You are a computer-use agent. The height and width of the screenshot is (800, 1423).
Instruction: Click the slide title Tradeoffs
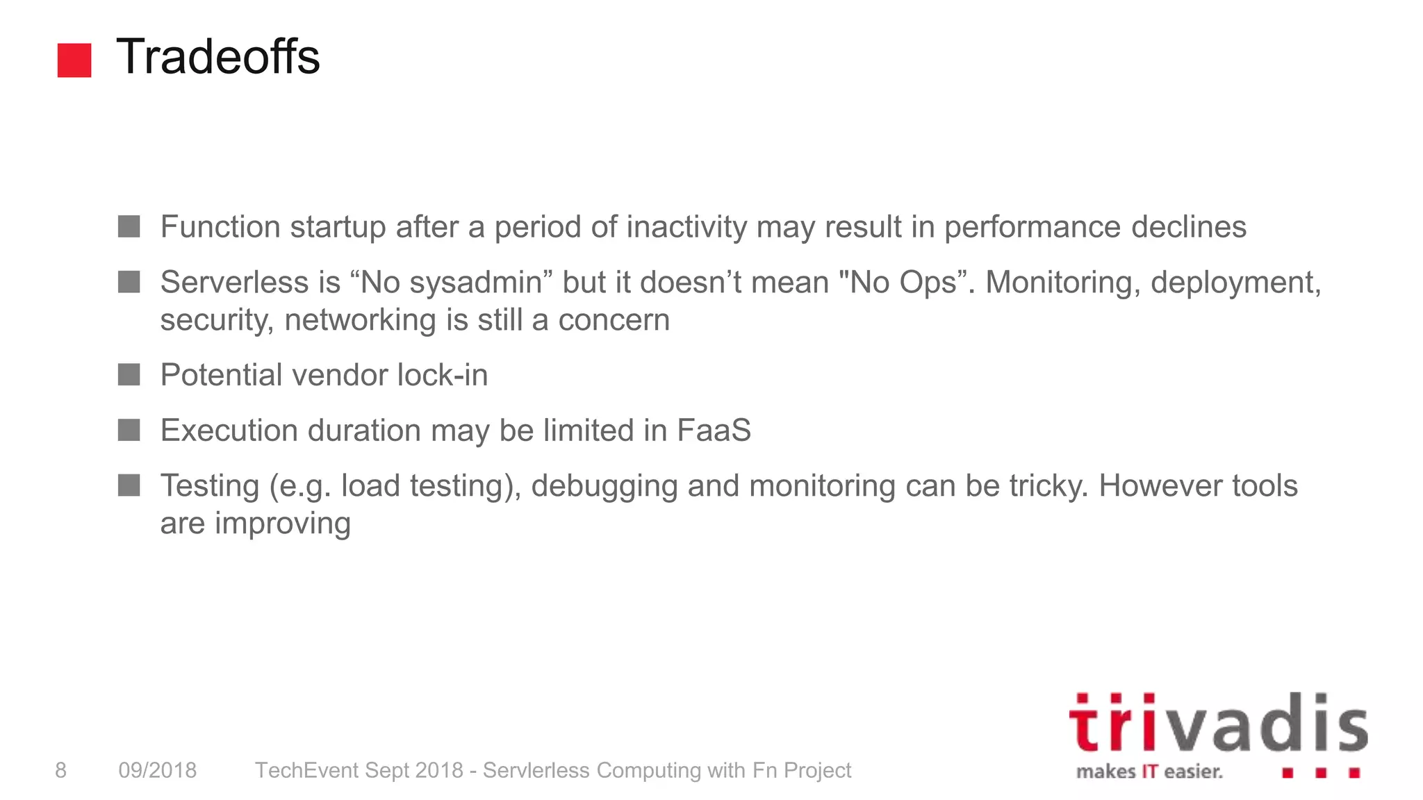pyautogui.click(x=217, y=56)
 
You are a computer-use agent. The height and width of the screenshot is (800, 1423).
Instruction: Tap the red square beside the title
pyautogui.click(x=74, y=60)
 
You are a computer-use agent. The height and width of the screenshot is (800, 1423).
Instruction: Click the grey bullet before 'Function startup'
pyautogui.click(x=129, y=226)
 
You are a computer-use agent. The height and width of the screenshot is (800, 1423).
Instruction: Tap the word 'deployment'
pyautogui.click(x=1236, y=283)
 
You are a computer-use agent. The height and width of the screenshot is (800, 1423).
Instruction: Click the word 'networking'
pyautogui.click(x=360, y=320)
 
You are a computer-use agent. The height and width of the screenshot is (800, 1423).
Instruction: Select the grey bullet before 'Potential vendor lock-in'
pyautogui.click(x=129, y=375)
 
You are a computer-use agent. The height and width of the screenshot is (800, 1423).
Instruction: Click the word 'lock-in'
pyautogui.click(x=443, y=375)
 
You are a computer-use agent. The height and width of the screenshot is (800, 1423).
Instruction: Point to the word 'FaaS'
pyautogui.click(x=714, y=431)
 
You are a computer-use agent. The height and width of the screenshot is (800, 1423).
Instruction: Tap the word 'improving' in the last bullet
pyautogui.click(x=282, y=524)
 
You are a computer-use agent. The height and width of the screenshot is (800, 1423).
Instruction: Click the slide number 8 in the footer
pyautogui.click(x=61, y=770)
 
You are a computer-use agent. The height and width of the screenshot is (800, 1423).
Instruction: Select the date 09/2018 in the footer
pyautogui.click(x=158, y=770)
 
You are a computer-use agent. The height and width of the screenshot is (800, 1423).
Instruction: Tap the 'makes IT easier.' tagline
pyautogui.click(x=1149, y=772)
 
